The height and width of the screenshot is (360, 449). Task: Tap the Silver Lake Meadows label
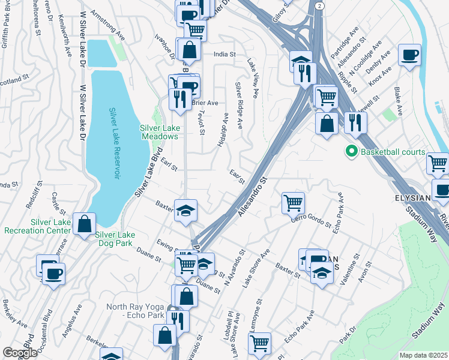[159, 132]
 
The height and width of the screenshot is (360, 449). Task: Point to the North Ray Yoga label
[135, 311]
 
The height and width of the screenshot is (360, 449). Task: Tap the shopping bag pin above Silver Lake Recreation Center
[85, 224]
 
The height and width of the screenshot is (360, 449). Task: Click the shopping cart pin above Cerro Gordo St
[293, 203]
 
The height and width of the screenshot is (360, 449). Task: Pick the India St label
[225, 54]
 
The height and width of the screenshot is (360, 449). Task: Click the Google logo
[20, 353]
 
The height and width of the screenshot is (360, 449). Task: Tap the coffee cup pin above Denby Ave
[410, 55]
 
